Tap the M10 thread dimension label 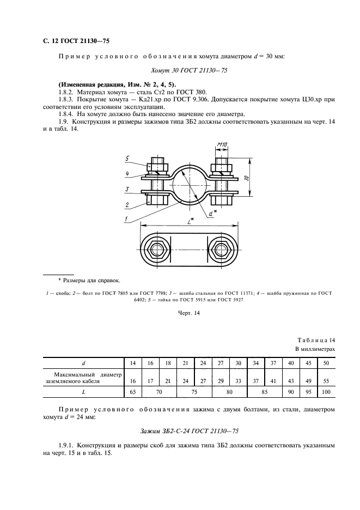[222, 144]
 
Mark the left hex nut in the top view [159, 250]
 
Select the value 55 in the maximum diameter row [326, 381]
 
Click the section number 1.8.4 [66, 114]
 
